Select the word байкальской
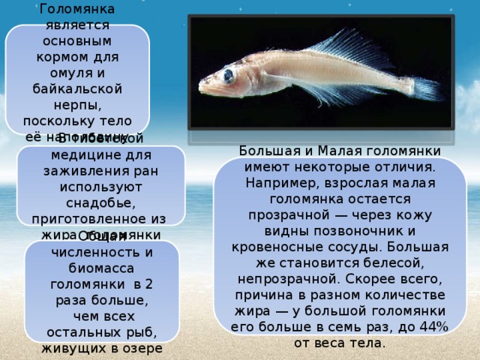pos(77,88)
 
